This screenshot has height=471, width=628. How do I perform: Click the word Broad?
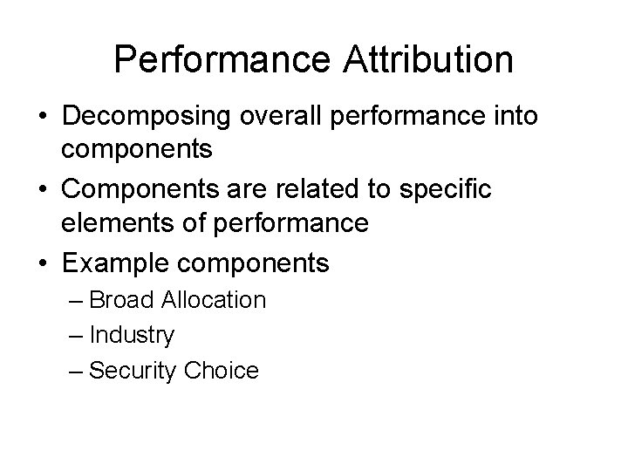[122, 300]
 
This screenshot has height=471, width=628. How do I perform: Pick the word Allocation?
[214, 300]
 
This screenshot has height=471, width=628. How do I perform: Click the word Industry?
[132, 335]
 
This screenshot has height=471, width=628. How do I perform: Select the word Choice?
[222, 371]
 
